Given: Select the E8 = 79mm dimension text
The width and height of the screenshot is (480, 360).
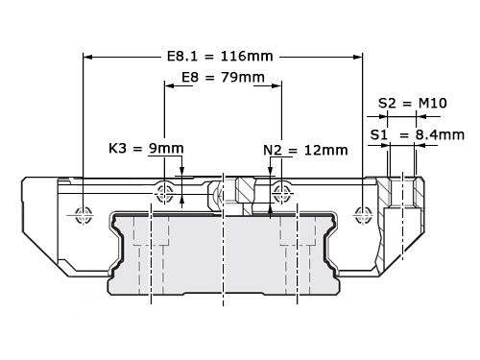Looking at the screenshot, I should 223,77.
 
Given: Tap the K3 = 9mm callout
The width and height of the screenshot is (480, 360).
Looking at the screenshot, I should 145,149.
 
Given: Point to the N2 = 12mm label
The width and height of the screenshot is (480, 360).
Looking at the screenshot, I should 304,150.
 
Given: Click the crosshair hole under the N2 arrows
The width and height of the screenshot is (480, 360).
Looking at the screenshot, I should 280,189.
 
